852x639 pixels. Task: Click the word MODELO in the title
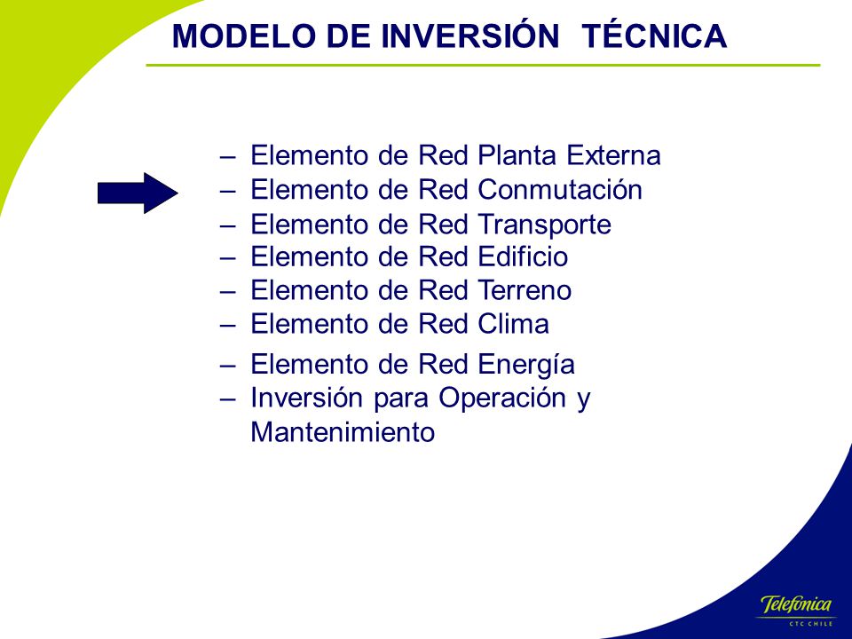click(244, 36)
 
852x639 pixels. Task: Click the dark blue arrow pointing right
click(138, 193)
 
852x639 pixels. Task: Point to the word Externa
click(613, 155)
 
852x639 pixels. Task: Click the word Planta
click(517, 155)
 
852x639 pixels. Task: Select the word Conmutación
click(560, 190)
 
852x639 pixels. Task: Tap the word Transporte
click(544, 225)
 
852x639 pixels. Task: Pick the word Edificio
click(523, 256)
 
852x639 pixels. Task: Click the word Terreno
click(525, 290)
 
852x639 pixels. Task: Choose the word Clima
click(514, 324)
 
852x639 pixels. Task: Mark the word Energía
click(526, 365)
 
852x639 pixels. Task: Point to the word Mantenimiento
click(343, 432)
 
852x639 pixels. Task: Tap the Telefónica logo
click(796, 604)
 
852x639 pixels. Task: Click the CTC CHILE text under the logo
click(810, 623)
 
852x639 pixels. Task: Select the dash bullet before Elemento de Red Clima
click(228, 326)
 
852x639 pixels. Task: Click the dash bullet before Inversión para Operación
click(228, 400)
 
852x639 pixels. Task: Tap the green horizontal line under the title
click(483, 65)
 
